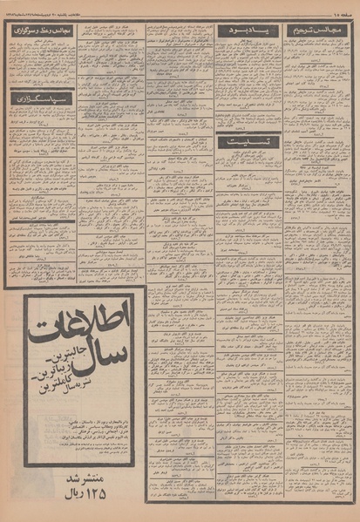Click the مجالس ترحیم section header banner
(x=320, y=30)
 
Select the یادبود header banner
(x=248, y=31)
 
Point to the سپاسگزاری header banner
(x=41, y=98)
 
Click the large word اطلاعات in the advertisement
(x=80, y=323)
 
